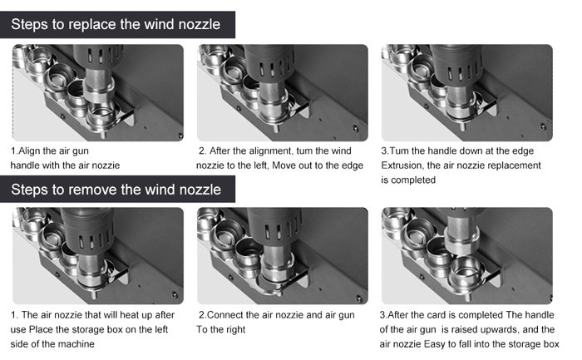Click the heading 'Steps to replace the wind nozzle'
tap(116, 24)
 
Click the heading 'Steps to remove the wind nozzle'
tap(116, 190)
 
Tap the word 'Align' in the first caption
tap(30, 151)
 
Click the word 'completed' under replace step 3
tap(413, 180)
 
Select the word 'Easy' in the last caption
tap(434, 344)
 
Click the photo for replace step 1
tap(98, 93)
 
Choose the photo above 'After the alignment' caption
tap(283, 93)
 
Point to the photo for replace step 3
tap(467, 93)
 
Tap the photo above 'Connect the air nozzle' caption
tap(283, 256)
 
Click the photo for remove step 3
tap(467, 256)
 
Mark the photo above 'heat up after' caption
tap(98, 256)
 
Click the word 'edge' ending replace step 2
tap(353, 165)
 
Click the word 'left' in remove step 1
tap(160, 329)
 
